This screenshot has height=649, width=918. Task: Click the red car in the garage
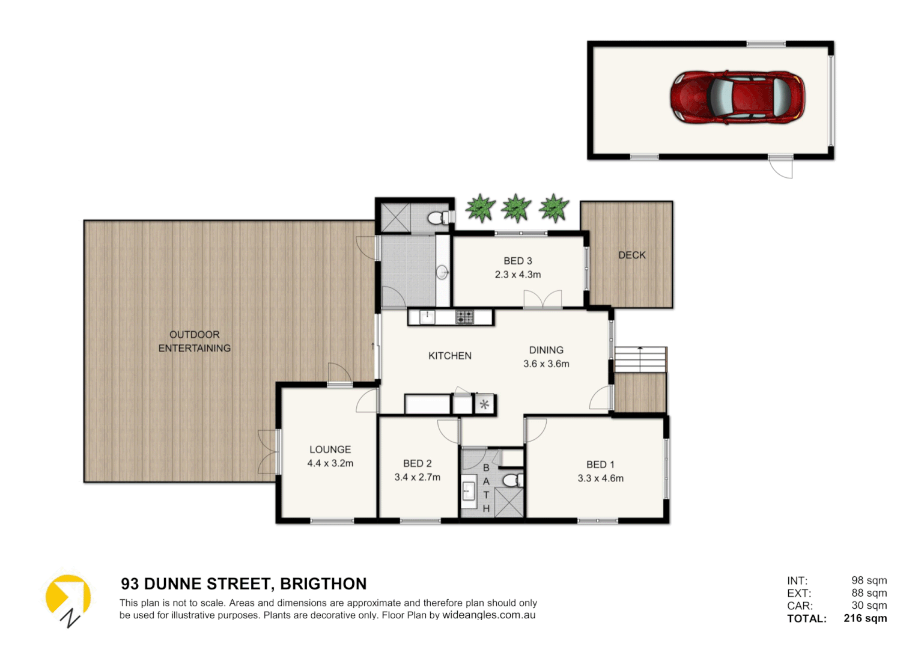(737, 97)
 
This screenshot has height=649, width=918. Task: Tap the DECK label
(632, 255)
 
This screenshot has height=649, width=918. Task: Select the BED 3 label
(518, 261)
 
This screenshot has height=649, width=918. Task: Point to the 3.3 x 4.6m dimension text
(601, 478)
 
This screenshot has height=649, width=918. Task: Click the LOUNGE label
(330, 449)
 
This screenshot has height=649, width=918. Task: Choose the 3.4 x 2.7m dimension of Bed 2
(418, 477)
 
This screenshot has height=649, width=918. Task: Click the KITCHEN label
(450, 356)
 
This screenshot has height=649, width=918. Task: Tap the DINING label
(546, 350)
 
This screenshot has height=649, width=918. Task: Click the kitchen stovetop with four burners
(464, 317)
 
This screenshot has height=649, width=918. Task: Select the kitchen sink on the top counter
(427, 317)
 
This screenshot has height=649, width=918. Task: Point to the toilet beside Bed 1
(512, 480)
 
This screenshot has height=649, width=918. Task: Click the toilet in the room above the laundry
(438, 218)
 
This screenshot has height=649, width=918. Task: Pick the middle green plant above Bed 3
(516, 209)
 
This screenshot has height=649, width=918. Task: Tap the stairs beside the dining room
(640, 359)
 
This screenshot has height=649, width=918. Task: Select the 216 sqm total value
(865, 618)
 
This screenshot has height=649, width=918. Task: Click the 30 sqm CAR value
(869, 606)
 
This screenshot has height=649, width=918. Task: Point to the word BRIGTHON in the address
(323, 584)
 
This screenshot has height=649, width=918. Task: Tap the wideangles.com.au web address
(489, 615)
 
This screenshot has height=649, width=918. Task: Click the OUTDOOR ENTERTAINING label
(195, 341)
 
